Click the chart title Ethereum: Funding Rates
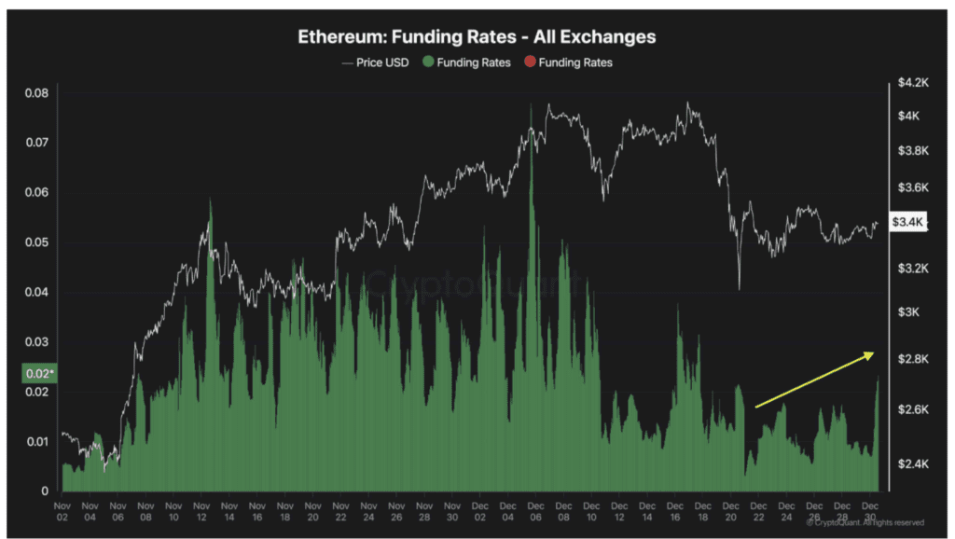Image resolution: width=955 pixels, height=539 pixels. tap(477, 37)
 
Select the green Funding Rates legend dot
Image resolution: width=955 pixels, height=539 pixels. tap(429, 62)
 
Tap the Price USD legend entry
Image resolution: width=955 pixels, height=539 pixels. tap(375, 62)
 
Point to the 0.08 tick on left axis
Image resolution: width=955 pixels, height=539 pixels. tap(37, 93)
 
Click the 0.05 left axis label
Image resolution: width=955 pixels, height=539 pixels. tap(37, 242)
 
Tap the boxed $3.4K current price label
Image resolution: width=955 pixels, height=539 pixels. tap(907, 222)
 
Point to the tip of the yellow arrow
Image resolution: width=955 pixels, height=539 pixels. tap(874, 352)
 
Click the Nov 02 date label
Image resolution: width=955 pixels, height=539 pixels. tap(62, 509)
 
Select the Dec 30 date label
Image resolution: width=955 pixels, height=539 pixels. tap(869, 509)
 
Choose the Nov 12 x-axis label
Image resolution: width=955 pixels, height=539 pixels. tap(201, 509)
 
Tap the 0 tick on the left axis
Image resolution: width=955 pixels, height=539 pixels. tap(45, 491)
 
